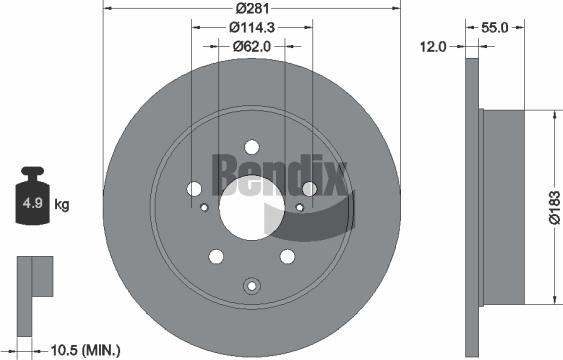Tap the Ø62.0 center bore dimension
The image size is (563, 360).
coord(247,46)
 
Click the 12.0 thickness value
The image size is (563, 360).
coord(432,46)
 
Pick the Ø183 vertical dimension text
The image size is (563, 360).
coord(552,207)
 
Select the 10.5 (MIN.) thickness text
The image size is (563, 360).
coord(85,349)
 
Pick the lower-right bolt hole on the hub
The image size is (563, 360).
coord(286,256)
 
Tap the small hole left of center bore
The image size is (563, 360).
coord(204,208)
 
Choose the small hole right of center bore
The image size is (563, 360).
coord(296,208)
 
